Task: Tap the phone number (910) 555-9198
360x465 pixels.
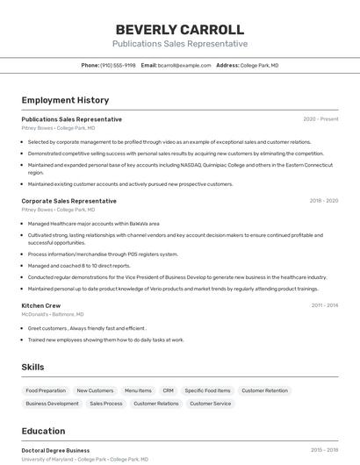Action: pos(118,65)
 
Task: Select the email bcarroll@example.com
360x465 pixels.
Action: pos(184,65)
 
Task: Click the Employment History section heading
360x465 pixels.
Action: pos(65,100)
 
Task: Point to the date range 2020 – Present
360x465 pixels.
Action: pos(320,119)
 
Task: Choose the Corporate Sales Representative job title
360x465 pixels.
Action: pos(68,201)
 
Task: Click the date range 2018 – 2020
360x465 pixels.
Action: pos(323,201)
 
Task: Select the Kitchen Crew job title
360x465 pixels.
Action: pos(41,305)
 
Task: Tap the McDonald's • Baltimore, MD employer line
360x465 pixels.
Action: pos(53,314)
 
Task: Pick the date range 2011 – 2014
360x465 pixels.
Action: pos(324,305)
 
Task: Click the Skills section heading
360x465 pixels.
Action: pos(32,367)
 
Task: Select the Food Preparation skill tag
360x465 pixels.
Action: pos(46,390)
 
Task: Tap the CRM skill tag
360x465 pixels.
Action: pos(168,390)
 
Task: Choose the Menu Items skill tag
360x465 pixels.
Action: pos(138,390)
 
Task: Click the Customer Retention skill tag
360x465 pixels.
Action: pos(264,390)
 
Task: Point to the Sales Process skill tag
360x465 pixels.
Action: pos(106,404)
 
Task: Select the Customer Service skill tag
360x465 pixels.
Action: pos(211,404)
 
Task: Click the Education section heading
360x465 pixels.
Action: pos(43,431)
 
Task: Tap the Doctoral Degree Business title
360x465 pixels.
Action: pos(55,450)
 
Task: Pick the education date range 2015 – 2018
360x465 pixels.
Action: pos(324,450)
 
